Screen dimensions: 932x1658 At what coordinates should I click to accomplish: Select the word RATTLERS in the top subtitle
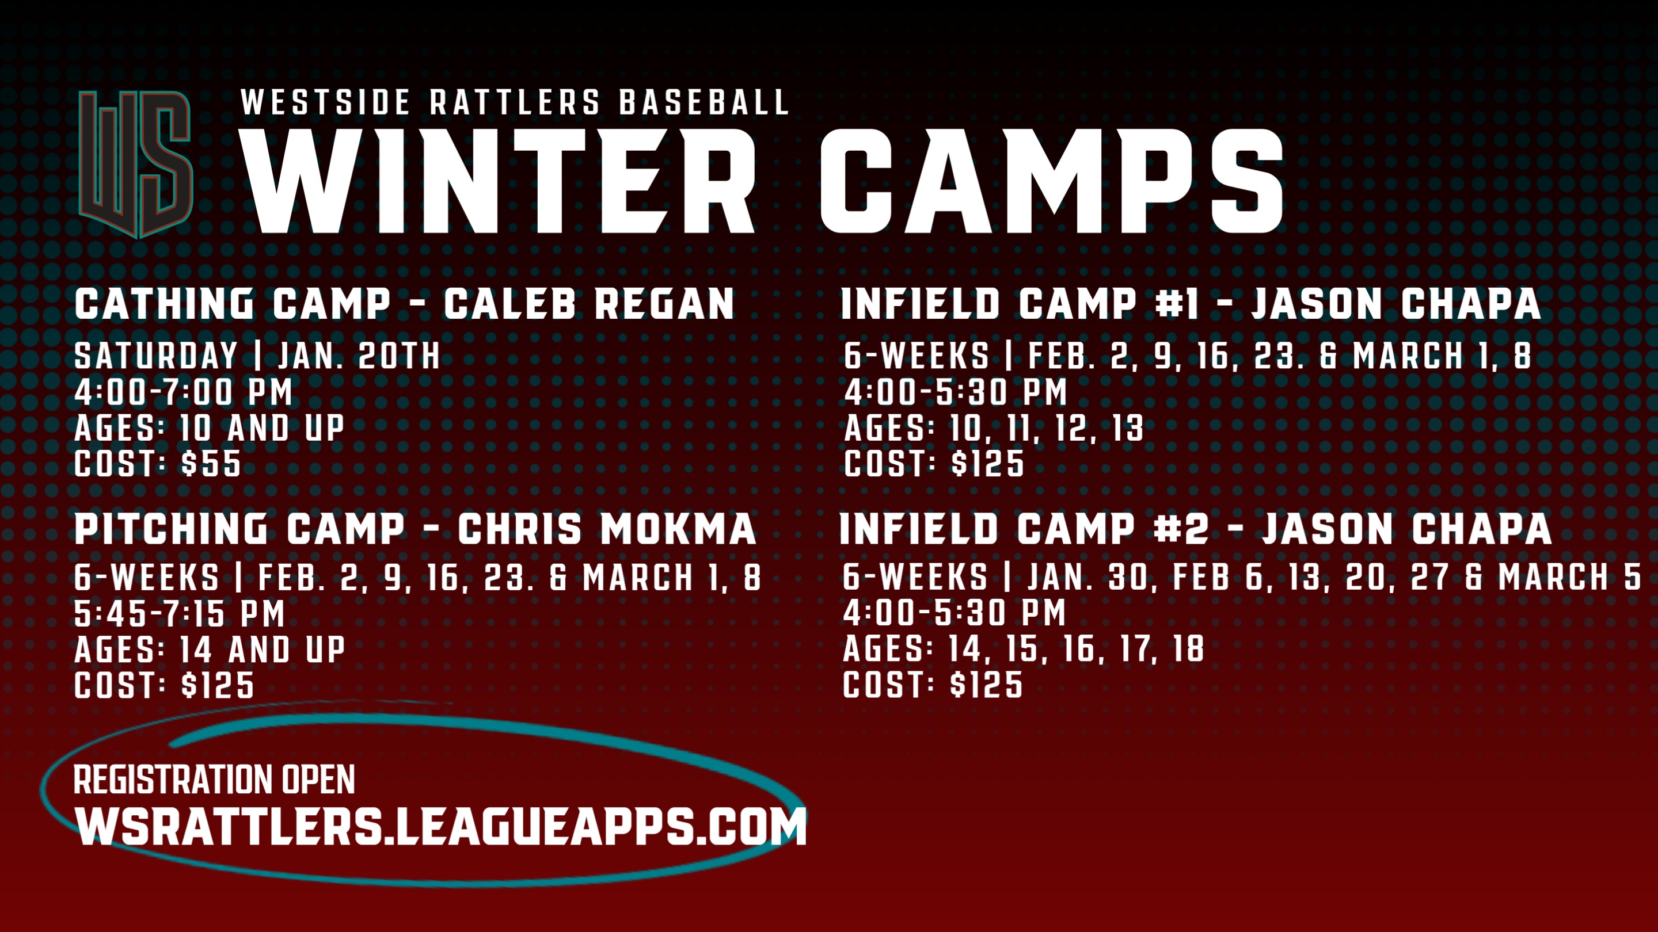point(514,103)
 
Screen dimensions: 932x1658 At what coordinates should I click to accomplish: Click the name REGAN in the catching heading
point(664,304)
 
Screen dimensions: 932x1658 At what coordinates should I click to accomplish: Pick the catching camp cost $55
point(211,464)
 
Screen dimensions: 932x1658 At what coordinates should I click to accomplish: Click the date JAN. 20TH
point(359,356)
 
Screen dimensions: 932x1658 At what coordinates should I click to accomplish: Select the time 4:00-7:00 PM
point(184,392)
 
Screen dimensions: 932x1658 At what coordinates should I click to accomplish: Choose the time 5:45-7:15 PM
point(180,613)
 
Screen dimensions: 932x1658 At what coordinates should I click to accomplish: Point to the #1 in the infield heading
point(1177,304)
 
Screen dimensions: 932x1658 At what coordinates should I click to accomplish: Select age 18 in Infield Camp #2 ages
point(1188,648)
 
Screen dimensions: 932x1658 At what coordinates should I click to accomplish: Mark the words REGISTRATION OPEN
point(214,780)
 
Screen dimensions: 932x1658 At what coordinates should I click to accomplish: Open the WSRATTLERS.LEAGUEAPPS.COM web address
point(441,827)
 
